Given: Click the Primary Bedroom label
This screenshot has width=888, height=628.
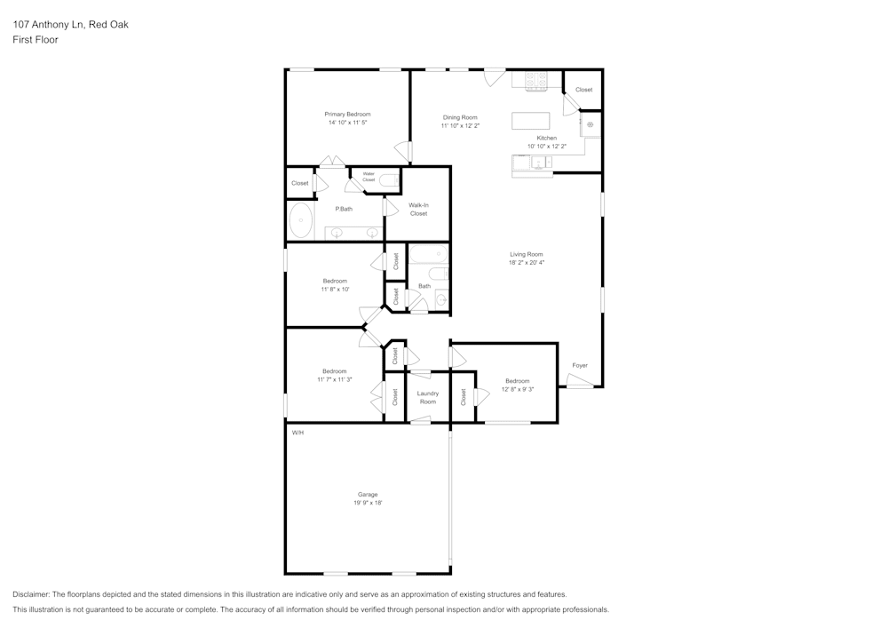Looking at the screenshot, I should pyautogui.click(x=347, y=115).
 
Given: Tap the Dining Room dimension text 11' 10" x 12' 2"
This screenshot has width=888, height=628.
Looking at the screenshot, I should pyautogui.click(x=460, y=126).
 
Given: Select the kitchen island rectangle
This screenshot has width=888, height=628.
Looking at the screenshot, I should pyautogui.click(x=530, y=121).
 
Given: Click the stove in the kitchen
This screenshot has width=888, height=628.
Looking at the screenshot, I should pyautogui.click(x=536, y=82).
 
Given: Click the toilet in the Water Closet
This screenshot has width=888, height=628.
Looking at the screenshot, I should pyautogui.click(x=389, y=180).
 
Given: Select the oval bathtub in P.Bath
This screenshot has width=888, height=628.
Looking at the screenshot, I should pyautogui.click(x=301, y=220).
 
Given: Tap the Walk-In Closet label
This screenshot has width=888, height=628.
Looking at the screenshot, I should pyautogui.click(x=418, y=210).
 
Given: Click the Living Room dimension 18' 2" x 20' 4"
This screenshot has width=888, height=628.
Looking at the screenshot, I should pyautogui.click(x=526, y=263).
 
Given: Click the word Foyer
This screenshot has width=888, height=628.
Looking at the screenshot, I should pyautogui.click(x=579, y=365).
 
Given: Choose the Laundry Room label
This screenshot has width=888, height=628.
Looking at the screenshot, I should pyautogui.click(x=427, y=397).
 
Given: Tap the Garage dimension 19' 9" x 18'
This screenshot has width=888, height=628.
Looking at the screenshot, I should pyautogui.click(x=367, y=503).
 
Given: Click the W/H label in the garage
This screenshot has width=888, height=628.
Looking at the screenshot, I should pyautogui.click(x=297, y=433).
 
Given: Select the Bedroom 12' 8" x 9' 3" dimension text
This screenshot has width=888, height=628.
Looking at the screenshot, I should pyautogui.click(x=517, y=389).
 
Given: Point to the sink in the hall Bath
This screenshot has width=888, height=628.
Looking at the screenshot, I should pyautogui.click(x=443, y=298).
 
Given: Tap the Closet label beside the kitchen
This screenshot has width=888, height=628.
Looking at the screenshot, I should pyautogui.click(x=583, y=90).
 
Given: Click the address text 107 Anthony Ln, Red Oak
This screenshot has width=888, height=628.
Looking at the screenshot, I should pyautogui.click(x=70, y=25).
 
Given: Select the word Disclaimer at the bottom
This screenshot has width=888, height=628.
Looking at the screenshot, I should pyautogui.click(x=31, y=594).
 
